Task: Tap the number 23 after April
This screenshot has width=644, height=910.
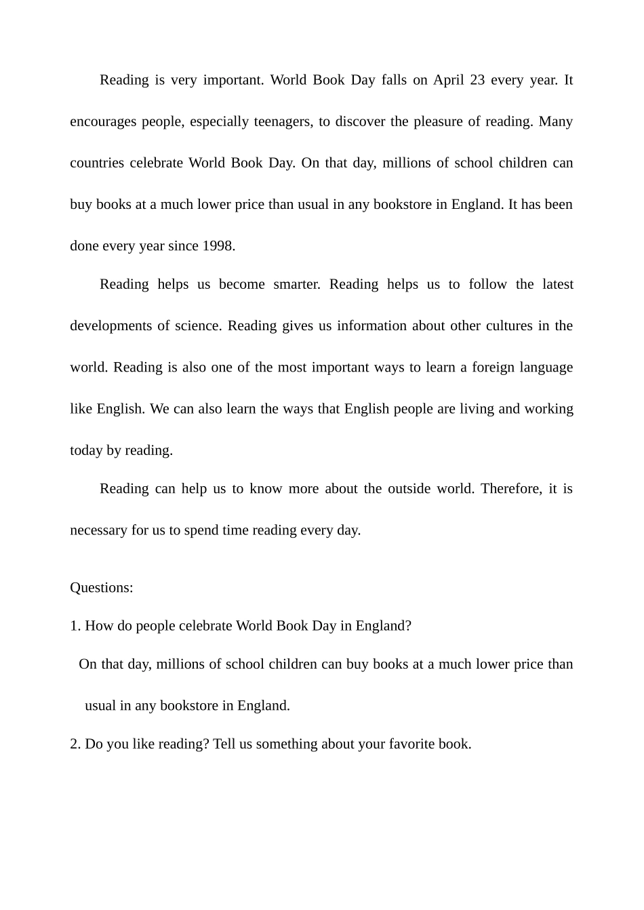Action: [477, 80]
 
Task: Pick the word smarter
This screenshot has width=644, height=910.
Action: [296, 284]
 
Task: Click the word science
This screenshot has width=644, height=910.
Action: [197, 325]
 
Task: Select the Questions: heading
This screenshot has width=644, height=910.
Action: [102, 587]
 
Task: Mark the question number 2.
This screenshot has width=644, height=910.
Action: [75, 744]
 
